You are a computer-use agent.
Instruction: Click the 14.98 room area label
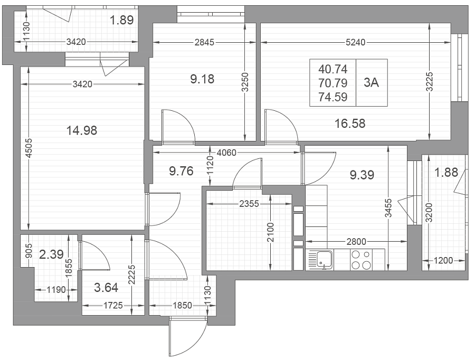pyautogui.click(x=81, y=130)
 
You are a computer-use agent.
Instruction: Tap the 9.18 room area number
pyautogui.click(x=202, y=79)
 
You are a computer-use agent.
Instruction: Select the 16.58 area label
pyautogui.click(x=350, y=124)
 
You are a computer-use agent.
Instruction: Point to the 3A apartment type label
pyautogui.click(x=372, y=82)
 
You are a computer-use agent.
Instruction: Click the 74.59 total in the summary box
pyautogui.click(x=332, y=97)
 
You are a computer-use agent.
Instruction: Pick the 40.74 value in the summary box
pyautogui.click(x=332, y=69)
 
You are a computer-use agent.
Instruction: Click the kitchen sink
pyautogui.click(x=320, y=260)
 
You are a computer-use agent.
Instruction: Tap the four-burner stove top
pyautogui.click(x=362, y=260)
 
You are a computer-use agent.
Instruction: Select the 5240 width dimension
pyautogui.click(x=356, y=42)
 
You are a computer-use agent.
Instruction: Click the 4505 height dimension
pyautogui.click(x=28, y=148)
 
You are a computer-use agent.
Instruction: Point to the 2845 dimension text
pyautogui.click(x=204, y=42)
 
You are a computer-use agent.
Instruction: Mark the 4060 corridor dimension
pyautogui.click(x=226, y=153)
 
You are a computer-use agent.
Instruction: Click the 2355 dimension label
pyautogui.click(x=249, y=204)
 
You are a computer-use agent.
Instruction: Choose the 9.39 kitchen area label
pyautogui.click(x=362, y=175)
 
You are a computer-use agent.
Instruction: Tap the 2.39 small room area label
pyautogui.click(x=52, y=254)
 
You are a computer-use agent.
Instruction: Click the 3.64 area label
pyautogui.click(x=106, y=287)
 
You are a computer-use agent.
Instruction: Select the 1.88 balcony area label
pyautogui.click(x=446, y=173)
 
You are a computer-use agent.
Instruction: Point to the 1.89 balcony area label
pyautogui.click(x=121, y=20)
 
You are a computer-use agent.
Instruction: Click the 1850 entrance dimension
pyautogui.click(x=182, y=305)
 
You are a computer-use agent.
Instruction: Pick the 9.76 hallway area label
pyautogui.click(x=181, y=171)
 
